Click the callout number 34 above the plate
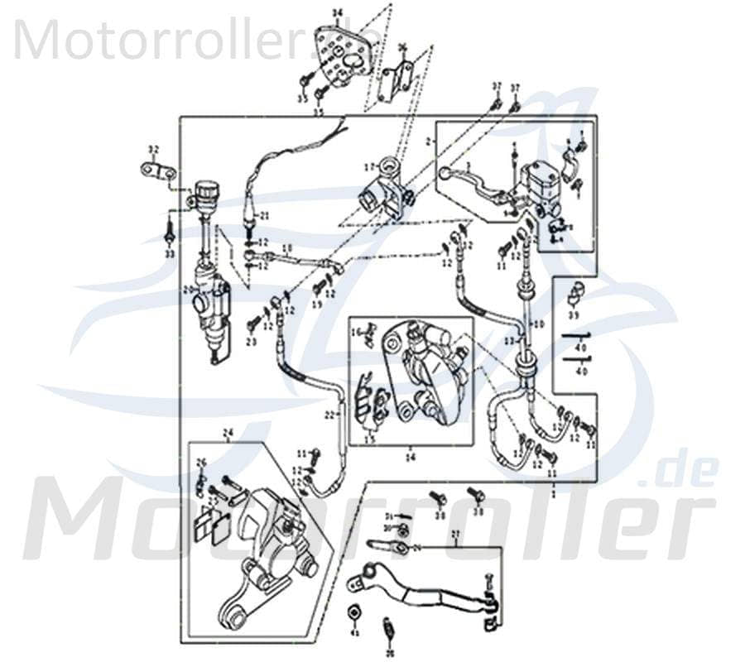(336, 12)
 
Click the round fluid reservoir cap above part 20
(205, 190)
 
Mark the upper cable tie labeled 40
(579, 335)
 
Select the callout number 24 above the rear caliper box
(229, 433)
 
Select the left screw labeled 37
(496, 103)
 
